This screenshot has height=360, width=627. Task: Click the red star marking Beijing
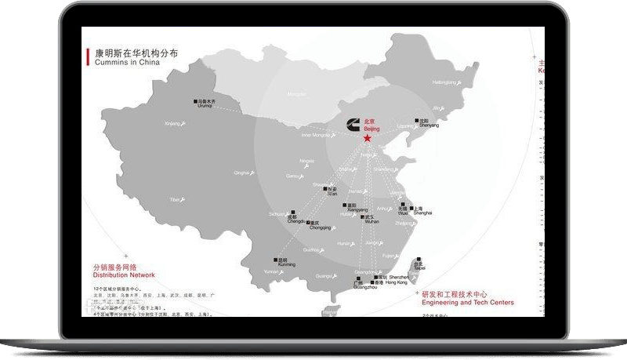click(x=368, y=138)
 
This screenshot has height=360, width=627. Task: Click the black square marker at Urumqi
click(x=196, y=102)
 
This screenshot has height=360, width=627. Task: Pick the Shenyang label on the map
click(x=428, y=125)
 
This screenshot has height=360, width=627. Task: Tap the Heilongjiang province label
click(x=444, y=82)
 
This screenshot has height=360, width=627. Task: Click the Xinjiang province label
click(x=172, y=124)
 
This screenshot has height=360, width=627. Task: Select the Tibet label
click(x=176, y=200)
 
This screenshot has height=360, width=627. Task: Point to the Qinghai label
click(x=241, y=173)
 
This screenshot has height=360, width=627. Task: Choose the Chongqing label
click(x=320, y=227)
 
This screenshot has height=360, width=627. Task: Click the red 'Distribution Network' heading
click(x=124, y=275)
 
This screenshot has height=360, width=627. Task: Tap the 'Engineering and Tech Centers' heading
click(x=467, y=302)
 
